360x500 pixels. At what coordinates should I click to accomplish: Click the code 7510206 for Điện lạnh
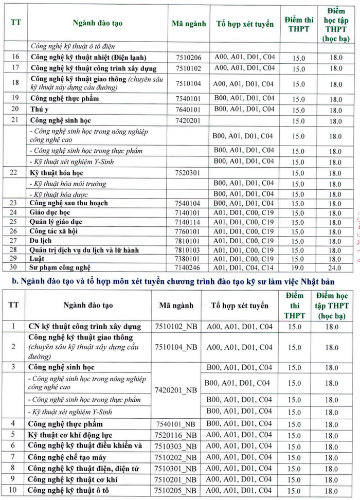(x=188, y=58)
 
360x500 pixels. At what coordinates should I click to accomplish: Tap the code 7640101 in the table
(x=188, y=110)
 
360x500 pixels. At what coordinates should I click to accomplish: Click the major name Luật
(x=38, y=259)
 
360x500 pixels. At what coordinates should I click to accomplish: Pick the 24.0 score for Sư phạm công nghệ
(x=335, y=268)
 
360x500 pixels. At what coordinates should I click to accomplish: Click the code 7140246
(x=188, y=268)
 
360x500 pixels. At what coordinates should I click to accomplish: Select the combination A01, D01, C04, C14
(x=244, y=267)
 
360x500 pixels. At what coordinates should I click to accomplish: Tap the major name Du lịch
(x=41, y=240)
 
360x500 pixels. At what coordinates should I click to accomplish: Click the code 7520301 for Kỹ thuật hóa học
(x=188, y=173)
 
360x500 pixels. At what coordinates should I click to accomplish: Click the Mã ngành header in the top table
(x=188, y=24)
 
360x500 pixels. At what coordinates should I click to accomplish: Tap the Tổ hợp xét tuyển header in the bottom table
(x=239, y=305)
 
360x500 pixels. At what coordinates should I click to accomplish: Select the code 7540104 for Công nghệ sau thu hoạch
(x=188, y=203)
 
